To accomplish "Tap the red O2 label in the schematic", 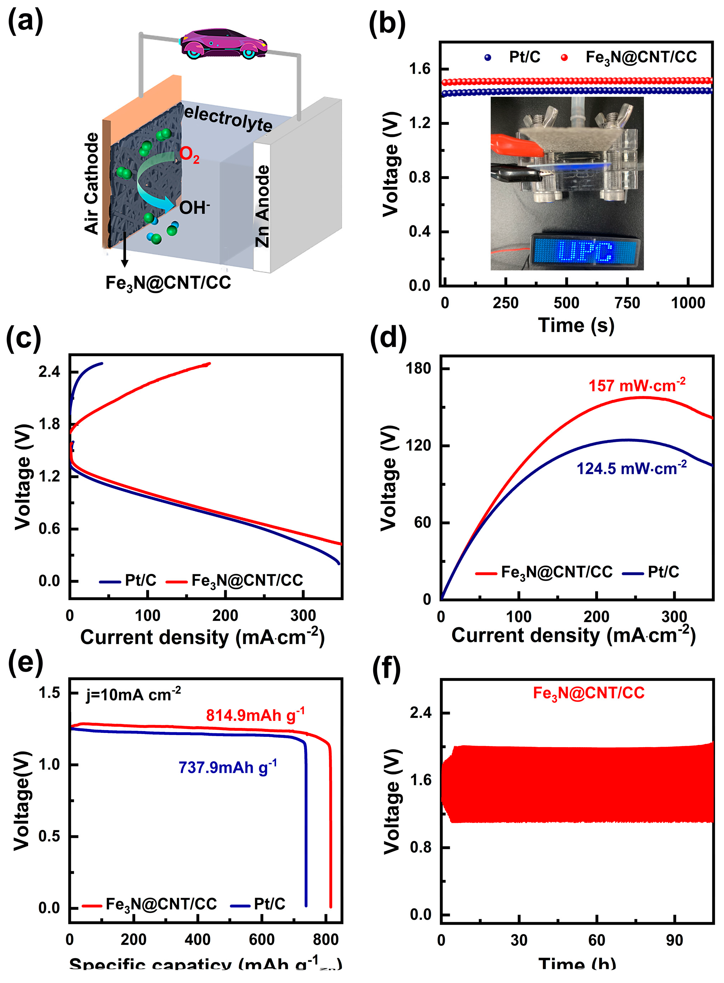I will point(189,155).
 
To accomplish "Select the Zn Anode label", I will point(262,206).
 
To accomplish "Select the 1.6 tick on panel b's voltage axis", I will point(419,69).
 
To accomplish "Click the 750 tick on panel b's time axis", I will point(627,303).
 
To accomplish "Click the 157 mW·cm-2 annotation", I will point(636,385).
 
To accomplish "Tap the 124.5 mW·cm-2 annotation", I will point(631,468).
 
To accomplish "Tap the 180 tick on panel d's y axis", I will point(418,369).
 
